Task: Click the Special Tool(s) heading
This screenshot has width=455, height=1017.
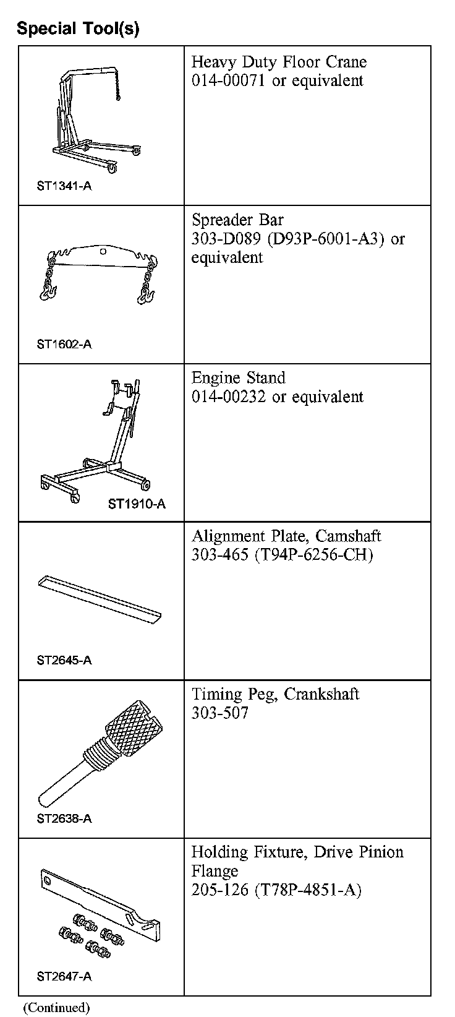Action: click(78, 28)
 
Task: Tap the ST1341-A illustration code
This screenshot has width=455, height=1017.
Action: click(64, 186)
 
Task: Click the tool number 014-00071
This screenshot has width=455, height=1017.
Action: click(229, 81)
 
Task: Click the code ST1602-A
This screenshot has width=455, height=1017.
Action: click(64, 344)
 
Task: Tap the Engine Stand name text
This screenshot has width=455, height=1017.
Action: click(238, 378)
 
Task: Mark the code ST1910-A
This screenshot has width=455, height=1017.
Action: click(137, 504)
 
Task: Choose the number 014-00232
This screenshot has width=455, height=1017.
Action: click(229, 397)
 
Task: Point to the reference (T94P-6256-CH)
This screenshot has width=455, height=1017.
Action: click(313, 555)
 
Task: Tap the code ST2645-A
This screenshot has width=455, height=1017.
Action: click(64, 660)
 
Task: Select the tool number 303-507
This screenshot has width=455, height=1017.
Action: click(219, 713)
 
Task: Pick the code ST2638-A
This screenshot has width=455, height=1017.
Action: click(64, 818)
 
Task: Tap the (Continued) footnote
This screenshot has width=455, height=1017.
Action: click(56, 1008)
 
